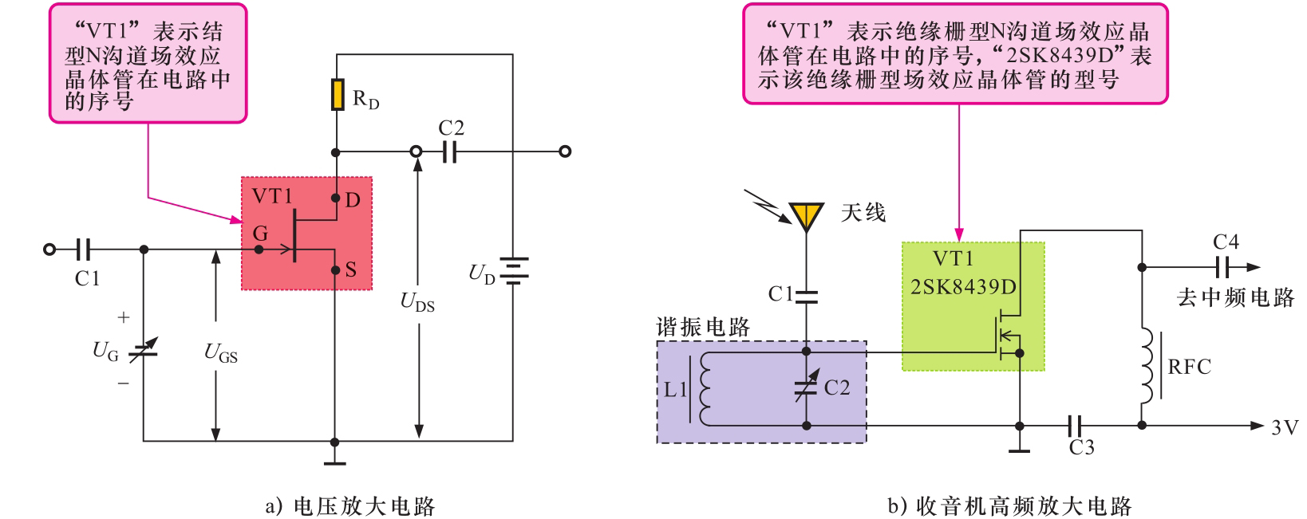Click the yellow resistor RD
[338, 95]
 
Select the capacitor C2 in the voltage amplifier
[449, 151]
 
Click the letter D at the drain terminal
[353, 200]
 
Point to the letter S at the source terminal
[351, 270]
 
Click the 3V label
[1285, 427]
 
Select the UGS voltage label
[221, 352]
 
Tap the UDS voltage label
[417, 302]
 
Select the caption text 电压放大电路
[364, 506]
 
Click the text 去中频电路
[1234, 298]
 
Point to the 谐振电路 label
[703, 328]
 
